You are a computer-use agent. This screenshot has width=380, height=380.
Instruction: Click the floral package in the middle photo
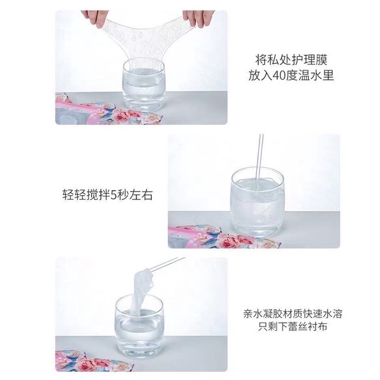coord(198,239)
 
